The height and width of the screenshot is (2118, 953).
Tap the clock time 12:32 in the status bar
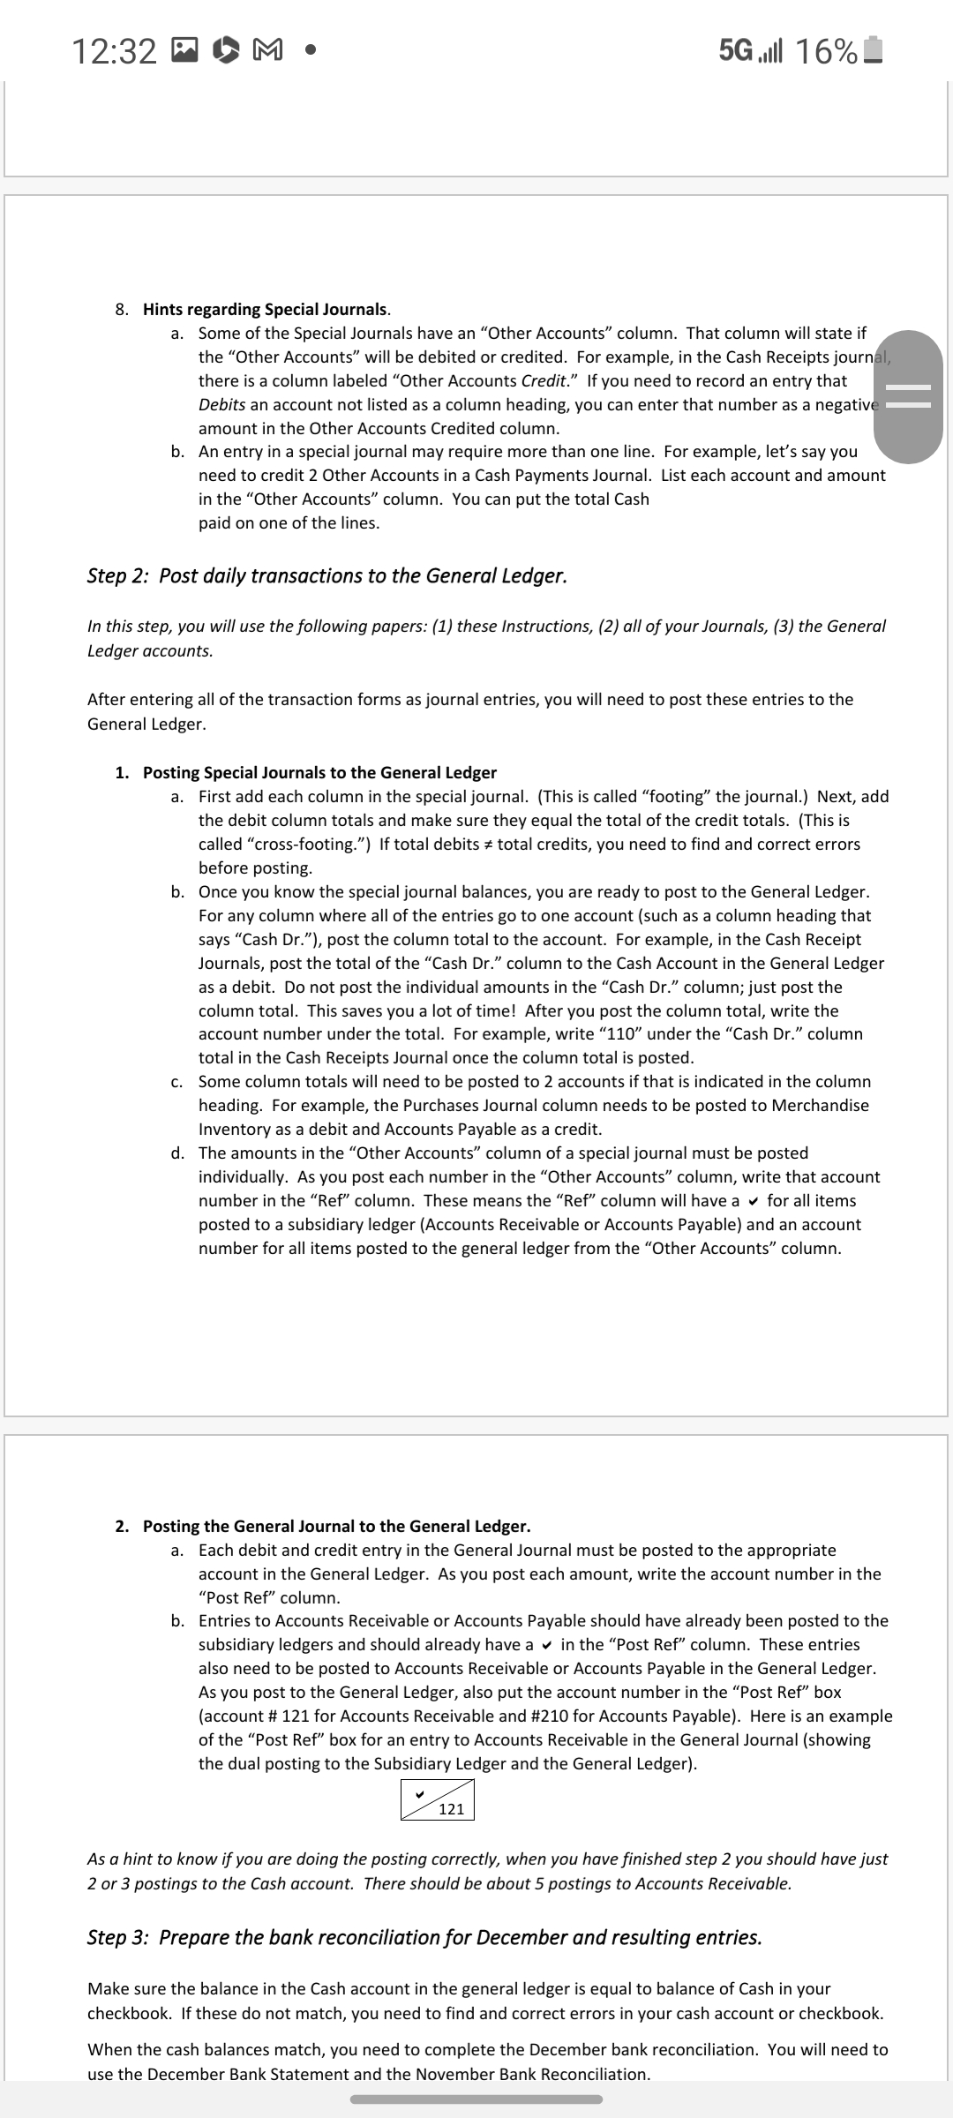(114, 53)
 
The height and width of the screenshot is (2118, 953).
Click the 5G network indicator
(737, 51)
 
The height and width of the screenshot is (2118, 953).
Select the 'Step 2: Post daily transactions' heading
(326, 576)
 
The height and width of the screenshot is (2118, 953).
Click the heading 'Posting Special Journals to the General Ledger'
(319, 773)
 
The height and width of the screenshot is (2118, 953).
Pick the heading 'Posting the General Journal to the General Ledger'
(336, 1526)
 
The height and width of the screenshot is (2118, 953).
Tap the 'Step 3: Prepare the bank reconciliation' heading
(424, 1937)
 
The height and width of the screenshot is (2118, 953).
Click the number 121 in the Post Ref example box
(452, 1809)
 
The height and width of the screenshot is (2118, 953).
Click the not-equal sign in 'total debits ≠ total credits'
(488, 845)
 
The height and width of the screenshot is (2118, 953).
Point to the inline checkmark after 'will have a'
(753, 1201)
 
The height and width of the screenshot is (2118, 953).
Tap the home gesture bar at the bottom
(476, 2099)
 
